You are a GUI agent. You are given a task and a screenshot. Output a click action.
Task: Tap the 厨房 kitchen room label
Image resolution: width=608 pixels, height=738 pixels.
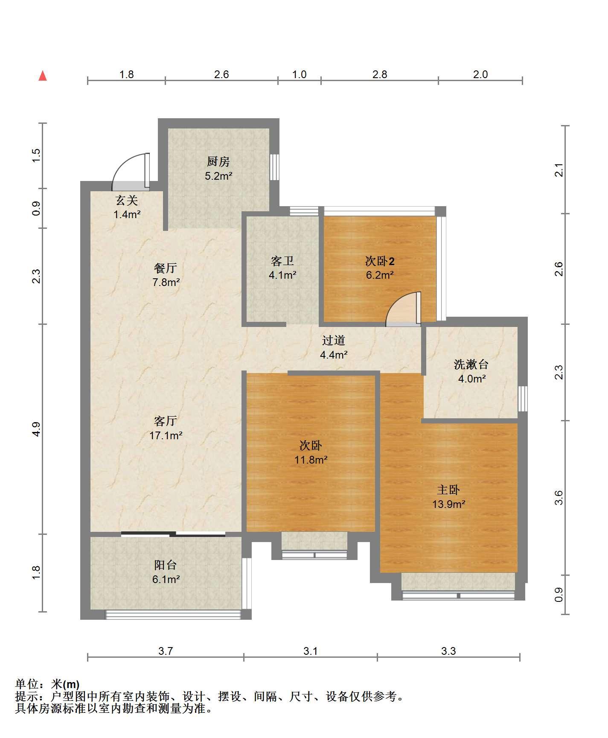218,161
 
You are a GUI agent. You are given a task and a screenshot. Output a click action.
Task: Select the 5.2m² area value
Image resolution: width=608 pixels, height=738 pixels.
218,176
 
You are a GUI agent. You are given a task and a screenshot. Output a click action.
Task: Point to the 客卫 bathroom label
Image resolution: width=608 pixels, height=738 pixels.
282,260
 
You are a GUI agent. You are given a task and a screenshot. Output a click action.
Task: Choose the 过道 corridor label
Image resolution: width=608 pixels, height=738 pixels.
333,340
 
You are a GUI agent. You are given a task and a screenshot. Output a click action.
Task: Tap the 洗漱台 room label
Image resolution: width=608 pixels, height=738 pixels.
471,364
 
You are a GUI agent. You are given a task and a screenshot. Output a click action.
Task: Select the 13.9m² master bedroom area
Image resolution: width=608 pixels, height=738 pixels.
448,504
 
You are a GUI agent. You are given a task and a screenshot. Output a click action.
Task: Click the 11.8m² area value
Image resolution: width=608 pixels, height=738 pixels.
311,460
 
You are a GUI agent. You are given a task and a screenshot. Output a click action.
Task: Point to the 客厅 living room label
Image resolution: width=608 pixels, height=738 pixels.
166,421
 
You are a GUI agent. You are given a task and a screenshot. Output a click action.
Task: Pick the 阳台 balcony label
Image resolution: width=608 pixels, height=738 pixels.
166,565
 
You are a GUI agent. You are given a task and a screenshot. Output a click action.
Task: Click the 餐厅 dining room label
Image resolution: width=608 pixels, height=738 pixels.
166,268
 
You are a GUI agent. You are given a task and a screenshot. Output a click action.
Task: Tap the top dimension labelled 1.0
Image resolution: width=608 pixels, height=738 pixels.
299,74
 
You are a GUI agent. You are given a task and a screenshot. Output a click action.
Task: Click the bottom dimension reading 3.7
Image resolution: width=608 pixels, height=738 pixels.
166,651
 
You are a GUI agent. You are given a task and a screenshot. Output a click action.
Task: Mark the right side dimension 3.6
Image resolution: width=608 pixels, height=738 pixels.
559,498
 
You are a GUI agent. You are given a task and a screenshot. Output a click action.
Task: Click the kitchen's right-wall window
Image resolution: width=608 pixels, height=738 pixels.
275,167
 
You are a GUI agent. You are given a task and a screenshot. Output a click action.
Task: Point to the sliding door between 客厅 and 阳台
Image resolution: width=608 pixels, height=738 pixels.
173,534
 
